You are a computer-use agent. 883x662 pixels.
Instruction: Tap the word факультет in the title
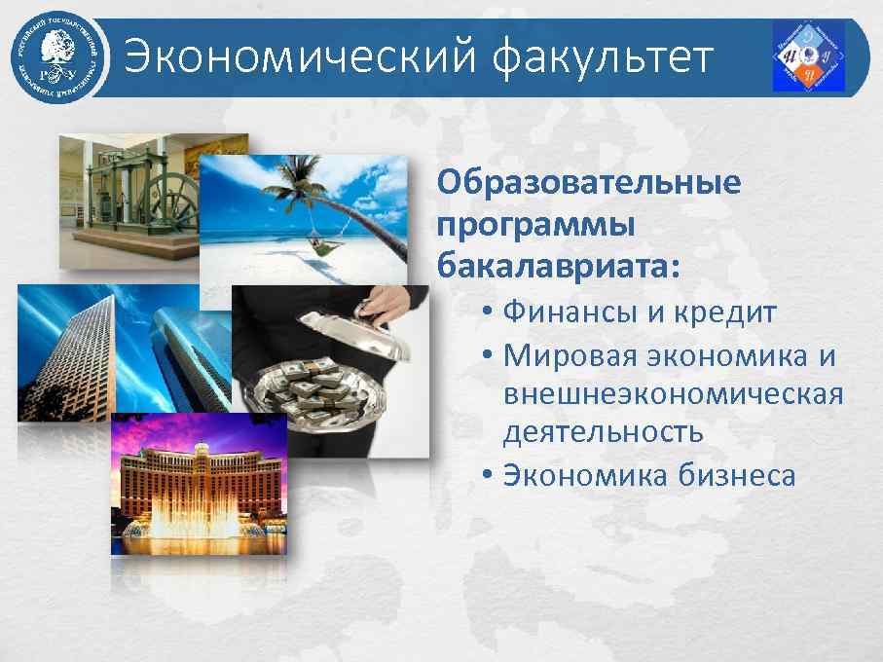[605, 57]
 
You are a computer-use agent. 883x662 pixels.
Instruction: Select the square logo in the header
[808, 56]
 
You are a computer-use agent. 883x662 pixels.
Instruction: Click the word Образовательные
[588, 183]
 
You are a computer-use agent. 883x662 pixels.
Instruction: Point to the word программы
[535, 224]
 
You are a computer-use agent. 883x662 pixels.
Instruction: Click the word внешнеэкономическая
[673, 394]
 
